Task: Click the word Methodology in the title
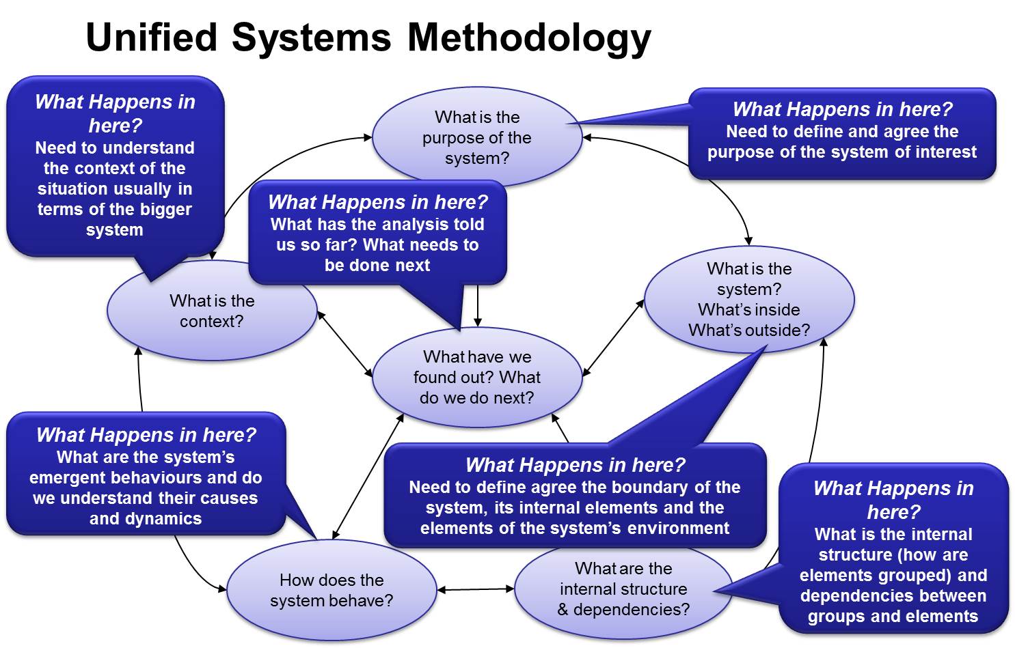pos(529,38)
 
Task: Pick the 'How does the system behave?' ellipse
pos(331,590)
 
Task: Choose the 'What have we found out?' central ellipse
pos(477,377)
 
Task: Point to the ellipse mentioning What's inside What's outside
pos(749,299)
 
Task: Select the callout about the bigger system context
pos(116,166)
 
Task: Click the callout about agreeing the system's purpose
pos(842,134)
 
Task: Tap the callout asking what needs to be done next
pos(377,233)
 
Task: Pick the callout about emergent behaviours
pos(146,474)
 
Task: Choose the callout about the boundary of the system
pos(575,496)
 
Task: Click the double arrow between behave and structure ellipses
pos(476,589)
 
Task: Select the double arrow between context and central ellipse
pos(345,343)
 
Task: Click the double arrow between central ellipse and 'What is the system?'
pos(613,338)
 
